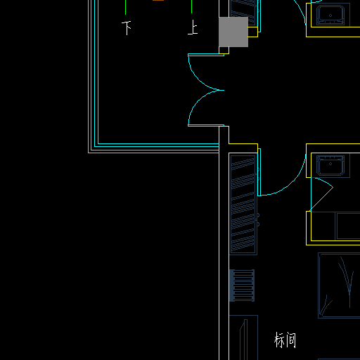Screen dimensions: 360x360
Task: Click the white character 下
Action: click(127, 28)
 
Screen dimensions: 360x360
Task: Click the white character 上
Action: click(193, 27)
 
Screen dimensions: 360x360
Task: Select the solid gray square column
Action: click(233, 32)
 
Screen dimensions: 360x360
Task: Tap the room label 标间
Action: click(285, 340)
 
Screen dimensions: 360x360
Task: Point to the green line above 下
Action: click(125, 7)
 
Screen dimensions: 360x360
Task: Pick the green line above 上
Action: click(191, 6)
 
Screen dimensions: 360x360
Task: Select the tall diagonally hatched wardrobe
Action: click(243, 204)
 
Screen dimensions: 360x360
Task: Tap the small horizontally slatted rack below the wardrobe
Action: click(242, 285)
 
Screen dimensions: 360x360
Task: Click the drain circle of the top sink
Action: click(330, 15)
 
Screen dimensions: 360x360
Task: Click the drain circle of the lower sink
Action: click(330, 164)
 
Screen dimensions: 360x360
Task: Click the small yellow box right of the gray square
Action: click(252, 32)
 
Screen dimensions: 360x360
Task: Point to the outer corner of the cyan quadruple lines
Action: click(89, 153)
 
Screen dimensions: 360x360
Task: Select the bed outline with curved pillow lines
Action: click(339, 285)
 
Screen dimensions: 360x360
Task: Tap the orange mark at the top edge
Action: click(158, 0)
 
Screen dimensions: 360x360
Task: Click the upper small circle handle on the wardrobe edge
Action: click(258, 215)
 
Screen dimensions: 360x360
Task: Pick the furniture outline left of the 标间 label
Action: click(243, 337)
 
